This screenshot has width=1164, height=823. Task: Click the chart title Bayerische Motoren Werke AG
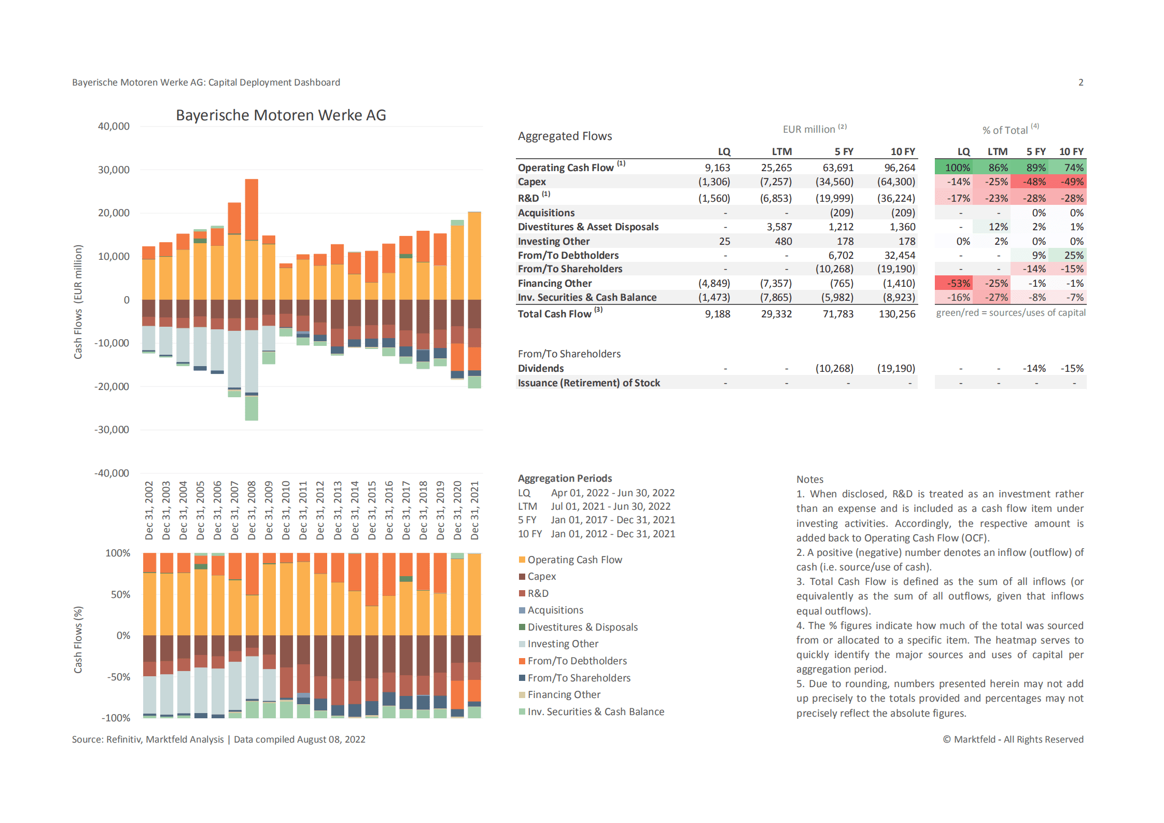pyautogui.click(x=281, y=115)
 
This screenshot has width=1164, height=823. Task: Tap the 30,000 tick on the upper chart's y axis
pyautogui.click(x=114, y=170)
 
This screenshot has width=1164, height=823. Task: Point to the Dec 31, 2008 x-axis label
pyautogui.click(x=251, y=510)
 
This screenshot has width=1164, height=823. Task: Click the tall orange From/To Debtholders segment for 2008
pyautogui.click(x=251, y=210)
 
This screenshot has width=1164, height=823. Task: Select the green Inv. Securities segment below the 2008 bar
pyautogui.click(x=251, y=408)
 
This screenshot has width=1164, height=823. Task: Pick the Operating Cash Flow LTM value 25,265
pyautogui.click(x=776, y=168)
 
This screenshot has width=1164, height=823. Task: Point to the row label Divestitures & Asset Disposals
pyautogui.click(x=588, y=227)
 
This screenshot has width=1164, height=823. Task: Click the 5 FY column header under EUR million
pyautogui.click(x=844, y=151)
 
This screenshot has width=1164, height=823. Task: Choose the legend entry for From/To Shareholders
pyautogui.click(x=579, y=678)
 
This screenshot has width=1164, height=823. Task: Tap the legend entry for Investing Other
pyautogui.click(x=563, y=644)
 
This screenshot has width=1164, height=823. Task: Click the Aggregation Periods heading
pyautogui.click(x=565, y=478)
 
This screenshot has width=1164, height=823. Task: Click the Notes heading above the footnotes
pyautogui.click(x=809, y=479)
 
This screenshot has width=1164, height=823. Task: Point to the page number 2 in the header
pyautogui.click(x=1081, y=82)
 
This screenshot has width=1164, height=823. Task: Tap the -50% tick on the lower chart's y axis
pyautogui.click(x=119, y=677)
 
